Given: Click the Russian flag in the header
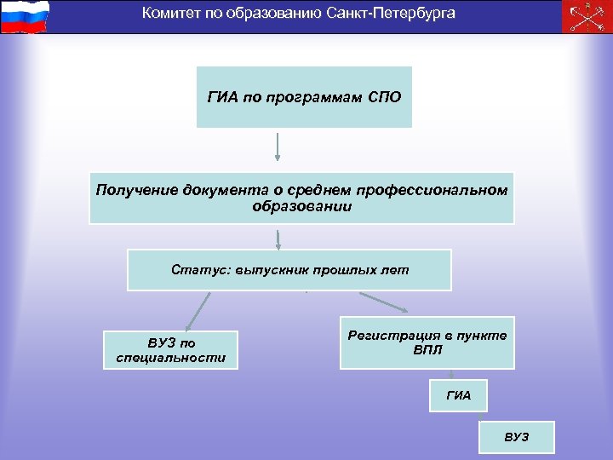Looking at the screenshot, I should point(26,17).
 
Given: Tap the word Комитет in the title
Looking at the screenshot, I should point(169,14).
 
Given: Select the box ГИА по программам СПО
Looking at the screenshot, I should point(304,97).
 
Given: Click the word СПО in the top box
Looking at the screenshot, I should point(383,97).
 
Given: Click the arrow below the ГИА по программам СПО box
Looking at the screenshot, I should point(278,147).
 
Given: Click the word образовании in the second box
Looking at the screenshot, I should point(301,206).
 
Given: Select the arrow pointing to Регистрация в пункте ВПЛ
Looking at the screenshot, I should point(384,303).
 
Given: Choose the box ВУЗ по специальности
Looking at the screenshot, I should point(170,350).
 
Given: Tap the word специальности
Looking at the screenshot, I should point(170,358).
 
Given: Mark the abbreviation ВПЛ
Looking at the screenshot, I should point(427,351).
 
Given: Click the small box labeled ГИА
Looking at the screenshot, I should point(458,395).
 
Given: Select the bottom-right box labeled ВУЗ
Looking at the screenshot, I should point(516,437).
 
